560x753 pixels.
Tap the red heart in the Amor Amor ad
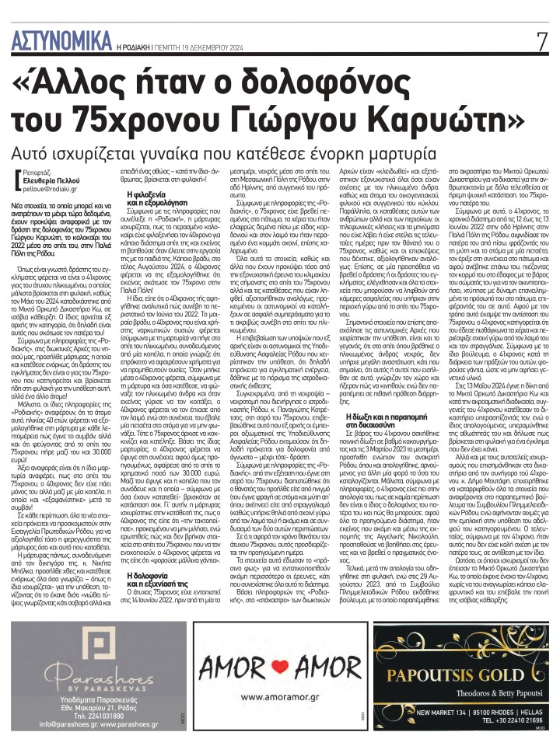[279, 665]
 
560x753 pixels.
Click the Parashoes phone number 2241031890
[108, 713]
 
